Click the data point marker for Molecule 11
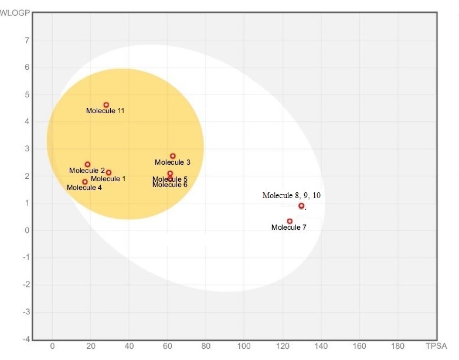coord(106,105)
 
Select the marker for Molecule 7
coord(290,221)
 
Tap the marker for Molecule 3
coord(172,156)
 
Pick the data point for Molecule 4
coord(85,182)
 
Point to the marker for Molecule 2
coord(87,164)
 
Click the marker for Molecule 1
coord(108,172)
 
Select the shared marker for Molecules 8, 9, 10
coord(301,206)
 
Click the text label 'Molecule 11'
coord(105,111)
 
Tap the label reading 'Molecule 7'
coord(288,227)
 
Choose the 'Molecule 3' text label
coord(172,162)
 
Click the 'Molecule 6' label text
coord(170,185)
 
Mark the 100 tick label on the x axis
coord(244,346)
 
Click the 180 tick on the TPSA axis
coord(397,346)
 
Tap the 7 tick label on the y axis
coord(27,40)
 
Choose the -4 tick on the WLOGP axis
coord(26,339)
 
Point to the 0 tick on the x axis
coord(53,346)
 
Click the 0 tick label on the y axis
coord(27,230)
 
